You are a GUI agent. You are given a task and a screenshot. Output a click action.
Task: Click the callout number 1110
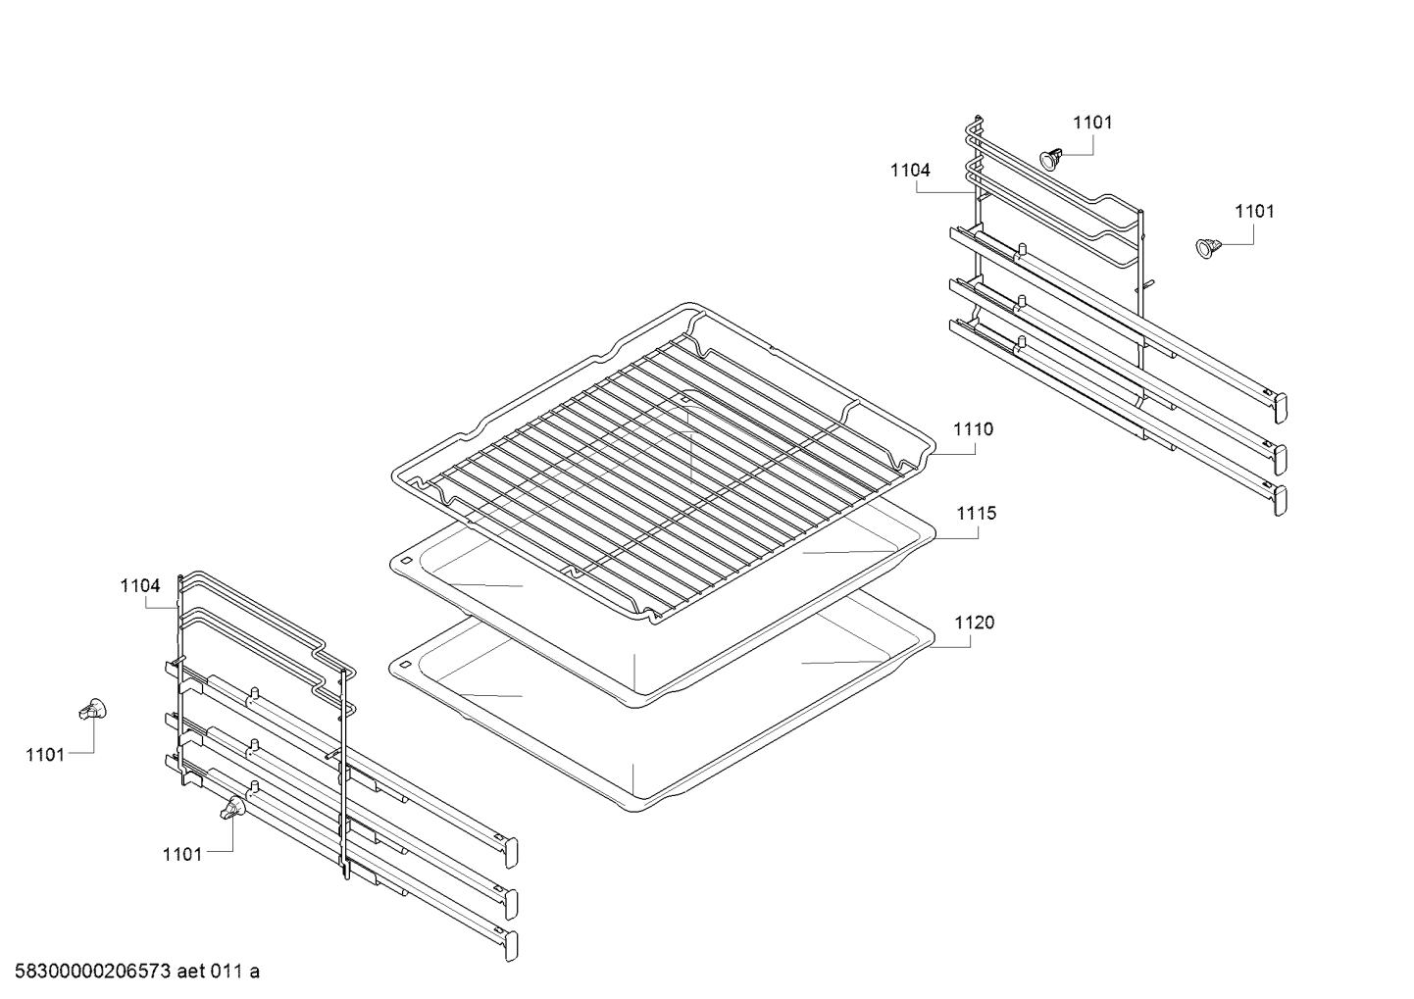pyautogui.click(x=973, y=429)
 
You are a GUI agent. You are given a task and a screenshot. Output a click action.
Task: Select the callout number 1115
pyautogui.click(x=976, y=514)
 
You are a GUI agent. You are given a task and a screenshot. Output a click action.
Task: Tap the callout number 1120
pyautogui.click(x=974, y=623)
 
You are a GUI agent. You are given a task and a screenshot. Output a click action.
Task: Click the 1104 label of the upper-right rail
pyautogui.click(x=910, y=171)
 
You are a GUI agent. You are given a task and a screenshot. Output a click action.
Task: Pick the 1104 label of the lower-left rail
pyautogui.click(x=140, y=586)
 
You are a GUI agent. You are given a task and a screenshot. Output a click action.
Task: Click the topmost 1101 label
pyautogui.click(x=1092, y=123)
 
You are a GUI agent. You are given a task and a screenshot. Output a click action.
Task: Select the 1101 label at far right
pyautogui.click(x=1254, y=212)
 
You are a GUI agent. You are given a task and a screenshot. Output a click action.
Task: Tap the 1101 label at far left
pyautogui.click(x=45, y=755)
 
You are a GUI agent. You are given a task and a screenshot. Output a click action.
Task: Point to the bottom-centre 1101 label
pyautogui.click(x=182, y=855)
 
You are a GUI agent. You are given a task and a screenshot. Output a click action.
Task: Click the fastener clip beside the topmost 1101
pyautogui.click(x=1051, y=159)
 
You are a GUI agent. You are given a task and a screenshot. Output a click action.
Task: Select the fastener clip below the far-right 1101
pyautogui.click(x=1207, y=248)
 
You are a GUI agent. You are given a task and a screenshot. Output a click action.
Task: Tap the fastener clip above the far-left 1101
pyautogui.click(x=92, y=710)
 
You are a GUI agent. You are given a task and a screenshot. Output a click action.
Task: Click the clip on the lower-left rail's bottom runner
pyautogui.click(x=233, y=808)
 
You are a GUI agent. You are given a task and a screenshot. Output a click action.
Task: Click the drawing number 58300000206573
pyautogui.click(x=93, y=972)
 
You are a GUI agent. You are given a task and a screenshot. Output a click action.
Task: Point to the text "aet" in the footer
pyautogui.click(x=191, y=972)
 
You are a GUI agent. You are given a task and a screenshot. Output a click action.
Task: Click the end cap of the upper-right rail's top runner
pyautogui.click(x=1281, y=408)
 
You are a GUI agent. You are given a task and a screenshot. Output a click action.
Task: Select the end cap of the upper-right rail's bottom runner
pyautogui.click(x=1281, y=500)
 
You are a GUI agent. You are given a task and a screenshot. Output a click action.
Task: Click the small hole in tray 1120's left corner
pyautogui.click(x=405, y=665)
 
